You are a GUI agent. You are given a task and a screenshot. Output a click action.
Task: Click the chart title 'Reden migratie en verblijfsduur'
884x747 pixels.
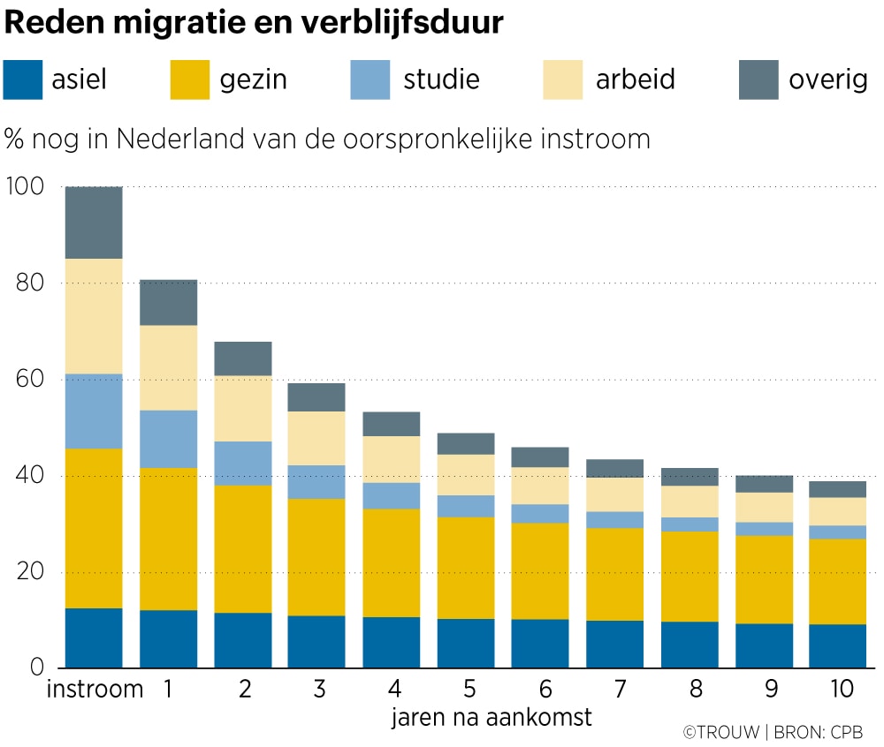(254, 23)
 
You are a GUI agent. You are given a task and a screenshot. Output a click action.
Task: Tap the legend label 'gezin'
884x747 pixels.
(254, 79)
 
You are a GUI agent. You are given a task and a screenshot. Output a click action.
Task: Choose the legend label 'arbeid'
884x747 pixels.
(635, 79)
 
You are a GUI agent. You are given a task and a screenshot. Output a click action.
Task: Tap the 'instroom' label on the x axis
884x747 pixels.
(94, 689)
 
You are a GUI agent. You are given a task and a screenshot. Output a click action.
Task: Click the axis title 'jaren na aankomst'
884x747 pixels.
(492, 717)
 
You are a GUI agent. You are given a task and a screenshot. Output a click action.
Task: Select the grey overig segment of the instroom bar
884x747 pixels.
(94, 223)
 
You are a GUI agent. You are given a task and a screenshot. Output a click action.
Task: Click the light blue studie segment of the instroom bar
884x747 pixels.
(94, 411)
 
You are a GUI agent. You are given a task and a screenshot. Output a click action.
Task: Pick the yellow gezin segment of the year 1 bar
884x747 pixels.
(168, 539)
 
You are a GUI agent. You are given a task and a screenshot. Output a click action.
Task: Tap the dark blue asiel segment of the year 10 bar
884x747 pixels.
(836, 645)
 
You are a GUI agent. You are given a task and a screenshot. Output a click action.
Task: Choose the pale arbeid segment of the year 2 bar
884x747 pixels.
(242, 408)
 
